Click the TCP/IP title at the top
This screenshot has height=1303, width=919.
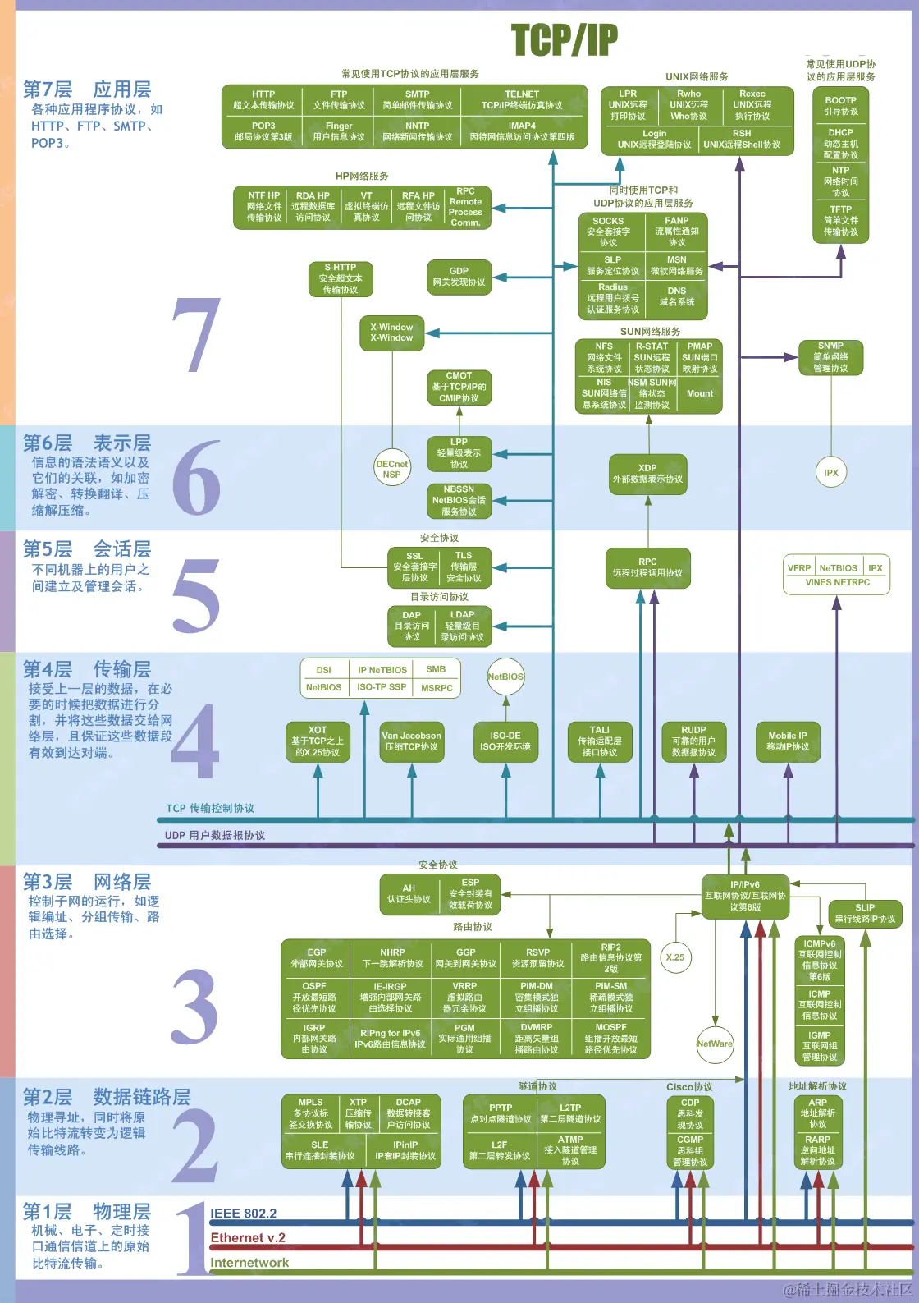coord(565,40)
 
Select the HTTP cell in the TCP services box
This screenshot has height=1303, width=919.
coord(263,100)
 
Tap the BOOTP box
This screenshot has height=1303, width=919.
coord(841,106)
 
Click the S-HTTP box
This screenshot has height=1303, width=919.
coord(341,278)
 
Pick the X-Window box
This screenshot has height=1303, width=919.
coord(391,333)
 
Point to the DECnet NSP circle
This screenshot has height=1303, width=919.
coord(391,469)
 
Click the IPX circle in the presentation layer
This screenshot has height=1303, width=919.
coord(831,472)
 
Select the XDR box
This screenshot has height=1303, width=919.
coord(647,474)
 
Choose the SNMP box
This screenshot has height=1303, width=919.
coord(830,357)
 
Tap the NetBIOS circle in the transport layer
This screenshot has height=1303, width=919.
coord(505,677)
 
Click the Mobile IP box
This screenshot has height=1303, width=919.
coord(787,741)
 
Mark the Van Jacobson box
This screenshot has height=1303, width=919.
coord(411,741)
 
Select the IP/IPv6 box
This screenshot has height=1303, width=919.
coord(745,896)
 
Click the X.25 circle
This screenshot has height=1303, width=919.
coord(675,957)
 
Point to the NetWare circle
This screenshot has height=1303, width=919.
coord(715,1044)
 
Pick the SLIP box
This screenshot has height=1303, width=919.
coord(865,913)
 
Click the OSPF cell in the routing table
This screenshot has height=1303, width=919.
coord(314,997)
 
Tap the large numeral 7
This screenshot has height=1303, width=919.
coord(196,336)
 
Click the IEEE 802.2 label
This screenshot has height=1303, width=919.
coord(244,1214)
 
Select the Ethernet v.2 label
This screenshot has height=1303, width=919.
coord(248,1238)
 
